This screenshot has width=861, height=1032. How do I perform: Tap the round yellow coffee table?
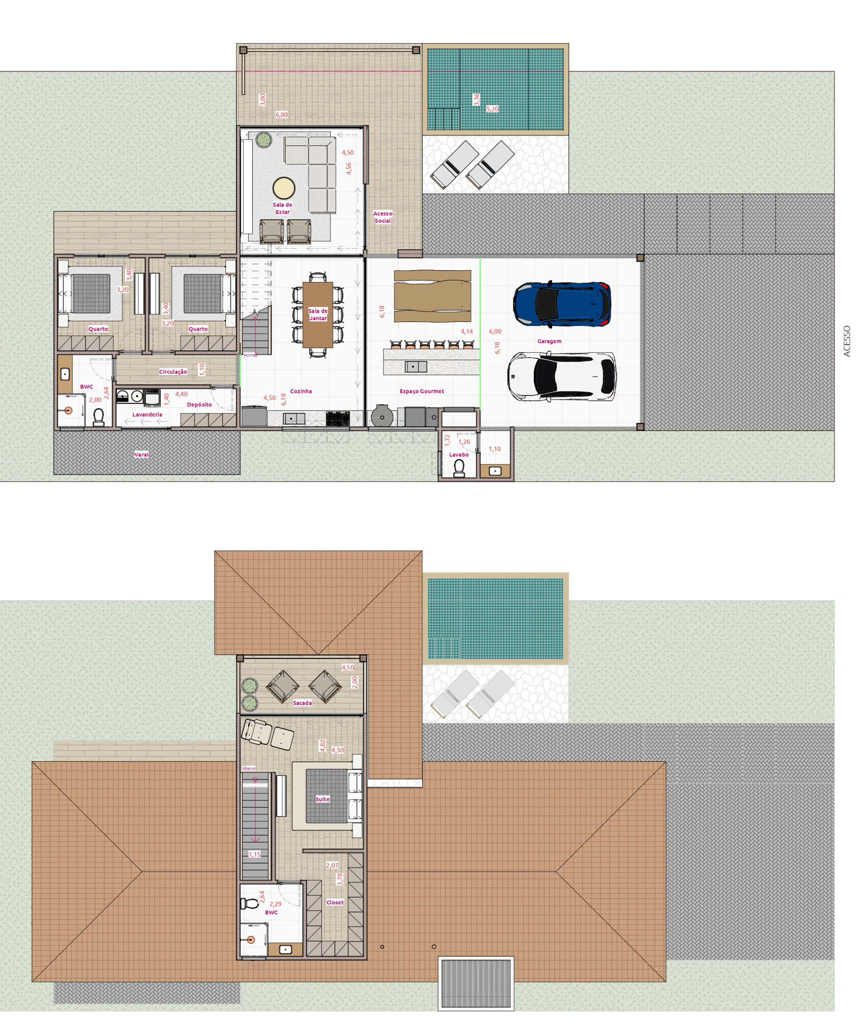[x=284, y=188]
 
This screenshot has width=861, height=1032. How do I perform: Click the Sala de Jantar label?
[x=318, y=314]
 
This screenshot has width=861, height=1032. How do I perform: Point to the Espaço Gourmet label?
[x=421, y=391]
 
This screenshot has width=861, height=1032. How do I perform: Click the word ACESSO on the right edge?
[x=847, y=341]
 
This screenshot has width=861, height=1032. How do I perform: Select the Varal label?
[x=141, y=455]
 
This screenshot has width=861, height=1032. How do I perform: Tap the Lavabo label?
[x=459, y=455]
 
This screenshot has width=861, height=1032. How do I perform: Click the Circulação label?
[x=173, y=372]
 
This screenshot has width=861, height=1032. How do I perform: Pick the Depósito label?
[x=199, y=404]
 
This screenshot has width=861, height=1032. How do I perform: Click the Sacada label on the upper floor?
[x=303, y=703]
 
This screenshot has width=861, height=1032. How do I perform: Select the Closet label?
[x=335, y=902]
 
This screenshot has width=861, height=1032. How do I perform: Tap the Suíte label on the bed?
[x=323, y=799]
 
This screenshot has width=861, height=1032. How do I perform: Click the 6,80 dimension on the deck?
[x=282, y=114]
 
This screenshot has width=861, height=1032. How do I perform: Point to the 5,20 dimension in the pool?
[x=492, y=108]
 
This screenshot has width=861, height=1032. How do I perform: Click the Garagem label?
[x=549, y=341]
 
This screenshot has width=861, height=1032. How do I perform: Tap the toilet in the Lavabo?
[x=459, y=468]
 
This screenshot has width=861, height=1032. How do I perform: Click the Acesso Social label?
[x=383, y=217]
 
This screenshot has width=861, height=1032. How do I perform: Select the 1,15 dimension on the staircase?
[x=254, y=854]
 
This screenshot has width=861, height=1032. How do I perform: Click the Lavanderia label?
[x=147, y=414]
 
